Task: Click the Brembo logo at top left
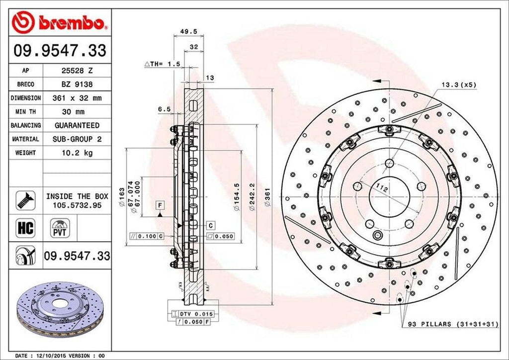[60, 23]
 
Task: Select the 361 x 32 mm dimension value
[77, 98]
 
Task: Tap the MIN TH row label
[25, 112]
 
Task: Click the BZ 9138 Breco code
[77, 85]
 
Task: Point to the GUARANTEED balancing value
[77, 125]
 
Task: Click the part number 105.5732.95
[77, 204]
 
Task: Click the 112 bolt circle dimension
[381, 188]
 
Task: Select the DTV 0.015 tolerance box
[191, 314]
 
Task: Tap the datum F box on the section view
[160, 205]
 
